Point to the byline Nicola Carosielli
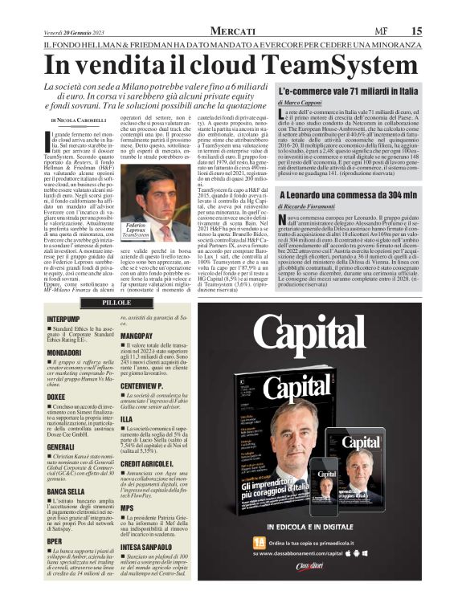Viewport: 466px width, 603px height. coord(81,119)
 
